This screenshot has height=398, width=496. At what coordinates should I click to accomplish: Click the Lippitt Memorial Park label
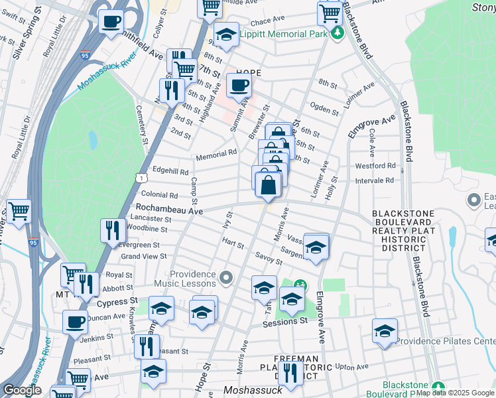point(283,34)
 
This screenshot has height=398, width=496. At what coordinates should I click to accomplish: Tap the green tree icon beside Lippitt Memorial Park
point(338,33)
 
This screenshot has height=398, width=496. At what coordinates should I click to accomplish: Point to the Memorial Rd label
point(216,156)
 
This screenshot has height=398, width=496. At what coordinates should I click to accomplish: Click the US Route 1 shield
point(141,178)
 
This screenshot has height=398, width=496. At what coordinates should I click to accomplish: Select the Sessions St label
point(285,322)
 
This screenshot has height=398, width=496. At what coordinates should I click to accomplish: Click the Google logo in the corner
point(22,390)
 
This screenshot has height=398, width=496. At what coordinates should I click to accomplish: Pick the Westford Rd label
point(375,166)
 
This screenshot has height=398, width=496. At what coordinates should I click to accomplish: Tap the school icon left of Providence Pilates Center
point(385,331)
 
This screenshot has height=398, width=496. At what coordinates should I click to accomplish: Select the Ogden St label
point(324,107)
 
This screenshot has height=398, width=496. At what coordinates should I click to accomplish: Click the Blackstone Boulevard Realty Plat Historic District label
point(403,230)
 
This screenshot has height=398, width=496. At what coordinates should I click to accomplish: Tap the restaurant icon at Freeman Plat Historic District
point(290,373)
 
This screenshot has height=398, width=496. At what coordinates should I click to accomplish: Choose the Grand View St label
point(143,257)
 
